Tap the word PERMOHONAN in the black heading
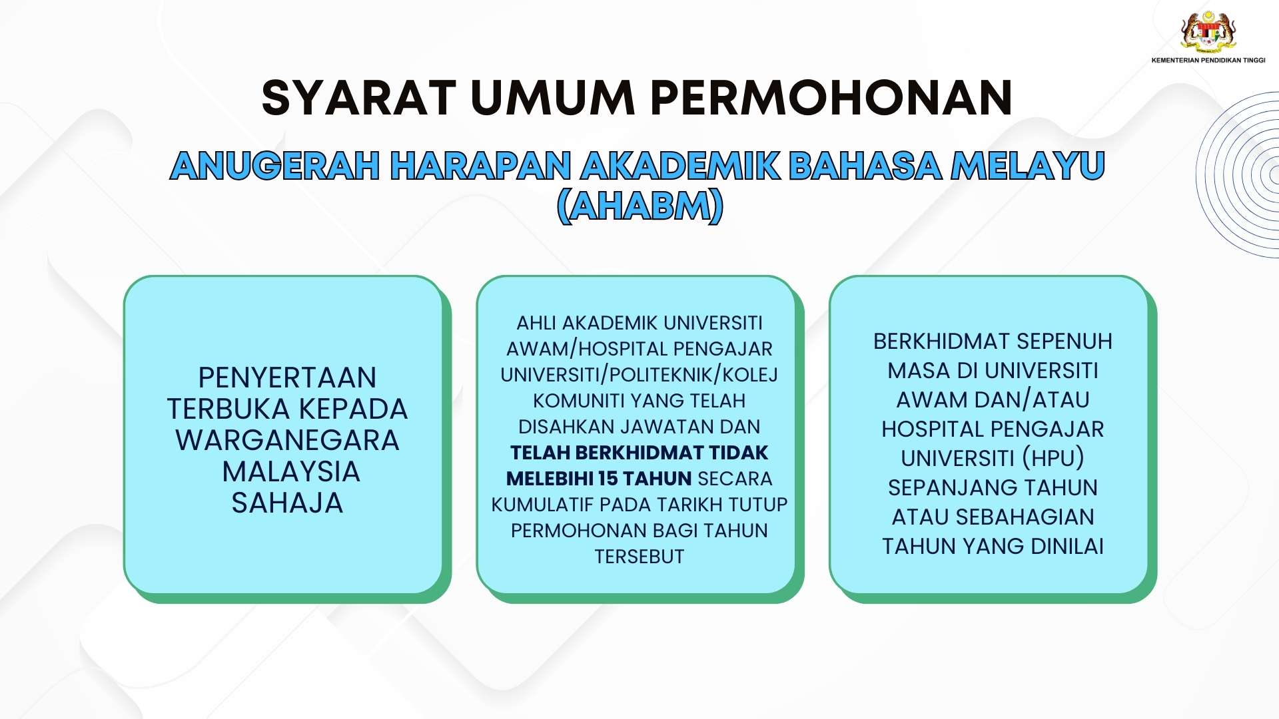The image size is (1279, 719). click(831, 98)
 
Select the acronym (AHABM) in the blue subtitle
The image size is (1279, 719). click(639, 206)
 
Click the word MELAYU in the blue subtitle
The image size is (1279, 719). click(1027, 166)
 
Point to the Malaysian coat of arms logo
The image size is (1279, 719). click(1208, 31)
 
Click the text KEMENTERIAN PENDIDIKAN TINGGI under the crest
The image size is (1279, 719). click(1208, 60)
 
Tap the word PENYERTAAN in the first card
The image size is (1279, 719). click(287, 378)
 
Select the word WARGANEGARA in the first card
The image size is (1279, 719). click(287, 441)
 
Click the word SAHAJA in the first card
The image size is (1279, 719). click(287, 503)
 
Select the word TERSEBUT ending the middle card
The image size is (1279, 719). click(639, 557)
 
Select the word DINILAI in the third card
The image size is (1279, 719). click(1067, 547)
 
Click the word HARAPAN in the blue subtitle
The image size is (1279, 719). click(481, 166)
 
